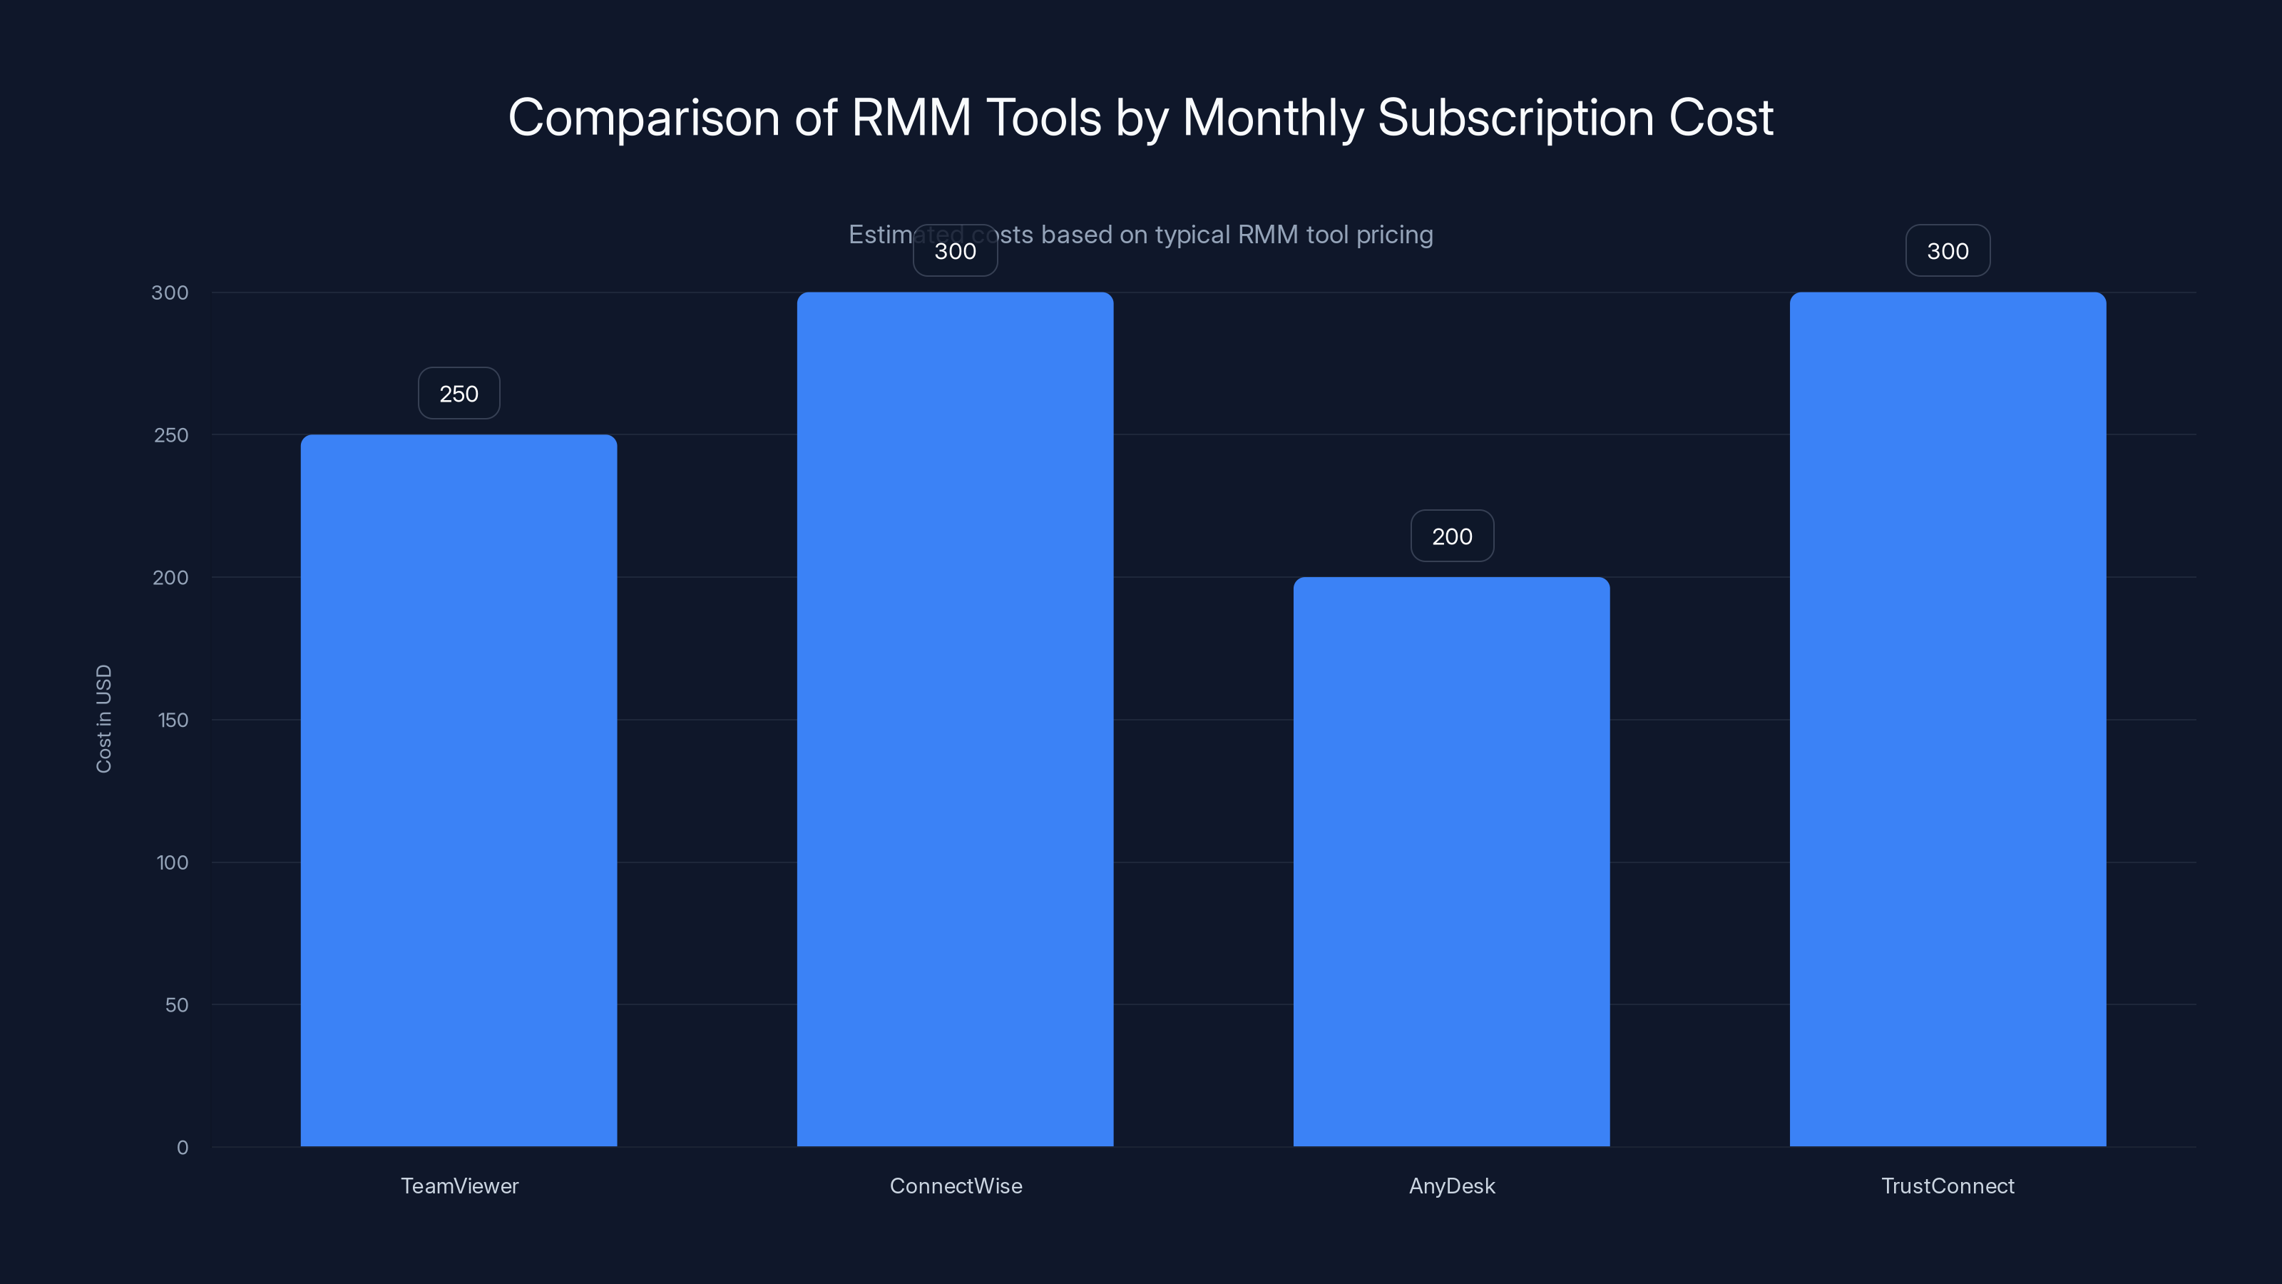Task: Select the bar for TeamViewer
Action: point(459,790)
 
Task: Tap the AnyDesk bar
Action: point(1451,861)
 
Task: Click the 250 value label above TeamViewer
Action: point(459,394)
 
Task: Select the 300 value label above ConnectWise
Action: point(955,251)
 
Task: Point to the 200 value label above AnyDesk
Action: point(1452,536)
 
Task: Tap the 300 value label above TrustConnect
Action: point(1947,251)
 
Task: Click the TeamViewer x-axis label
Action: point(459,1186)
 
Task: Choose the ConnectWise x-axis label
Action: point(955,1186)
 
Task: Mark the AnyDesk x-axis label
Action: point(1451,1186)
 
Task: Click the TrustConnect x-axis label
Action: point(1947,1186)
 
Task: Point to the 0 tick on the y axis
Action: point(183,1148)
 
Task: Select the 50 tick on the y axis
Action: point(176,1005)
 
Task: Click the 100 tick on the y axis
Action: point(172,862)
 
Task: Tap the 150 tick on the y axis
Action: point(173,720)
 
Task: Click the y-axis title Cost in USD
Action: point(103,718)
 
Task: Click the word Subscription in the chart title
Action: point(1515,118)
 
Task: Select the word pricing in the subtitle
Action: point(1394,235)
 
